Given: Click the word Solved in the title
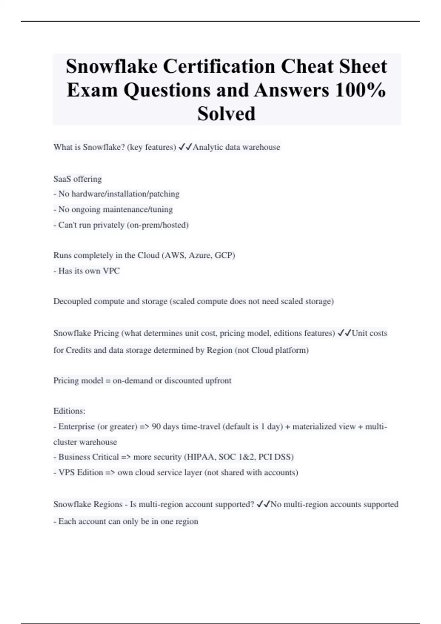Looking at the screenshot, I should point(226,113).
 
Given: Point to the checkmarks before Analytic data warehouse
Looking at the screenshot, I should point(185,147).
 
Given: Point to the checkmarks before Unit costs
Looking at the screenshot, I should point(344,333).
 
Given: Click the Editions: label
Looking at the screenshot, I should point(69,411).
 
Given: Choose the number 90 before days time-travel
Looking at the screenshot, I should point(156,427).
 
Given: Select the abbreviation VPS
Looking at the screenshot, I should point(67,472).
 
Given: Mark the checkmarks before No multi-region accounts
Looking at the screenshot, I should point(263,504).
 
